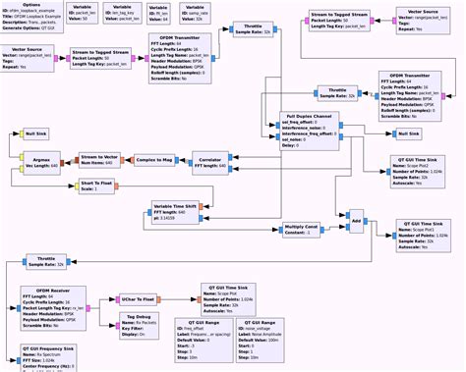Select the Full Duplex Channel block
click(309, 129)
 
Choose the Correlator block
click(208, 161)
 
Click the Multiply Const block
click(301, 229)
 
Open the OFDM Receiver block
click(53, 304)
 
